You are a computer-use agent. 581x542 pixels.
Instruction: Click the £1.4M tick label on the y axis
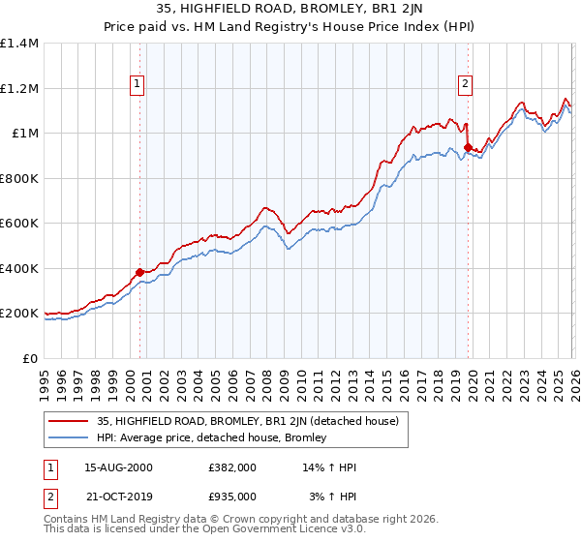[19, 44]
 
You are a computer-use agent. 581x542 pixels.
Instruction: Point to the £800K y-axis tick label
[19, 178]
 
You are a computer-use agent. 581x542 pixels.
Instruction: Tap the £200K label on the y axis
[19, 314]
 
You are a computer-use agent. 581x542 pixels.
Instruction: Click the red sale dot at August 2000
[139, 272]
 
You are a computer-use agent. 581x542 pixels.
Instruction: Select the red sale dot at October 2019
[468, 148]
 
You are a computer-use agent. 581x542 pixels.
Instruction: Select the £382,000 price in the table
[232, 467]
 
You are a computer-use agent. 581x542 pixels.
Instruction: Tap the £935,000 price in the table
[232, 498]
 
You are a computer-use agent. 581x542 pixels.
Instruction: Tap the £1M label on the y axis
[25, 134]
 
